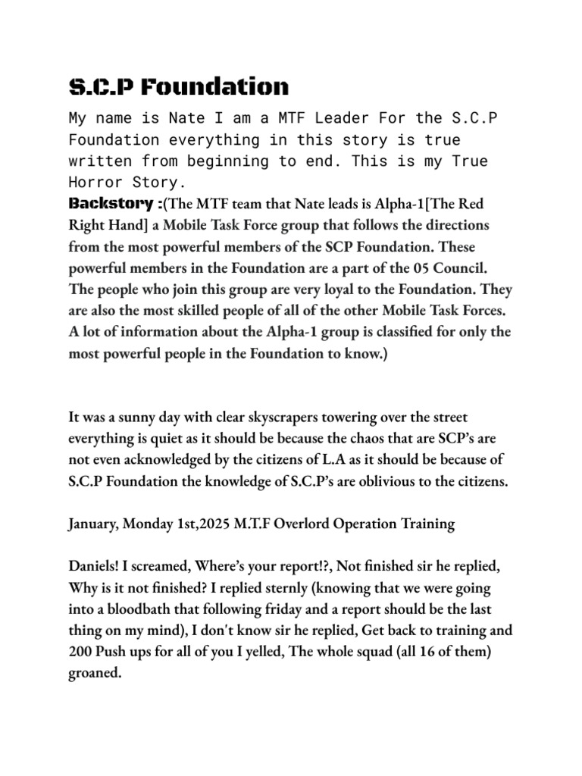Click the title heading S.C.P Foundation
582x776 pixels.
pos(179,86)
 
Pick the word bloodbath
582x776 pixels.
pos(142,609)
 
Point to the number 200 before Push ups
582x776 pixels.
pos(81,652)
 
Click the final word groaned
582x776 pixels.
pos(95,673)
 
